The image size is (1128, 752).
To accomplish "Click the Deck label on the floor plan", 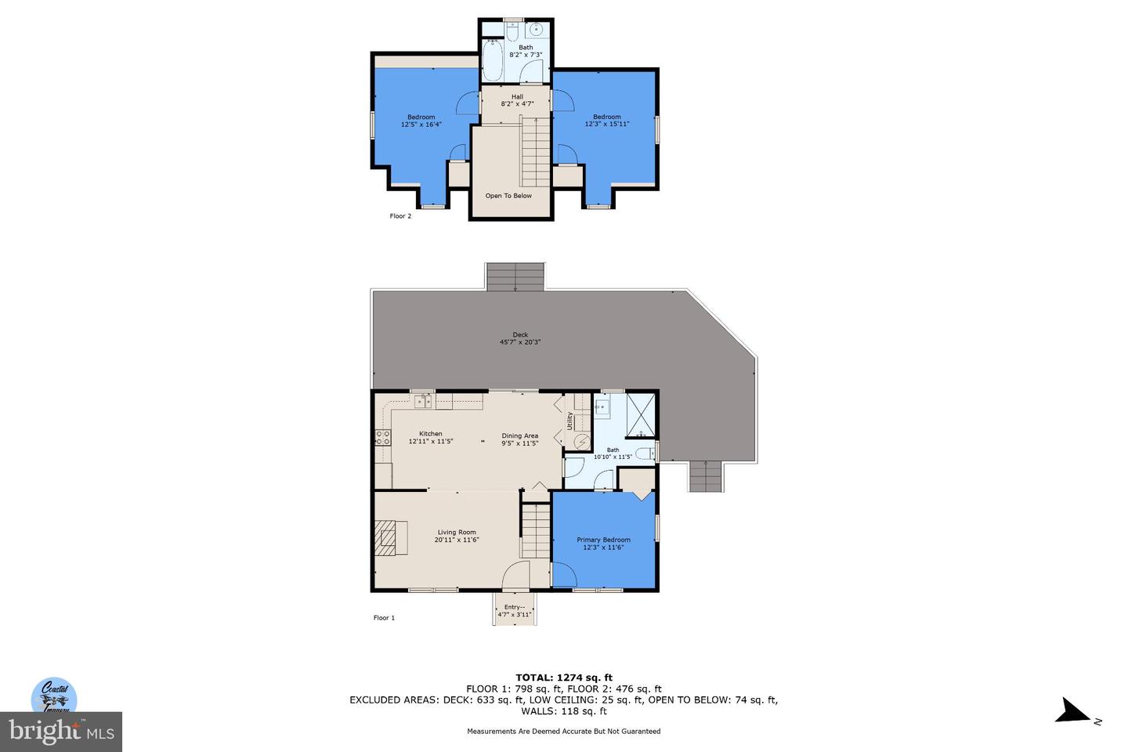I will (x=520, y=334).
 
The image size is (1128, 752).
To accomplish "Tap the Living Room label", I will (x=456, y=533).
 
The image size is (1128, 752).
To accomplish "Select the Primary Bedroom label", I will (x=603, y=540).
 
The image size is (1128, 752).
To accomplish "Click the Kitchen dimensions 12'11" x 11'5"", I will (x=431, y=442).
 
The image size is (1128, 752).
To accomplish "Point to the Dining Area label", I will (x=520, y=436).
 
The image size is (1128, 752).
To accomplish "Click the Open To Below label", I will (x=508, y=196).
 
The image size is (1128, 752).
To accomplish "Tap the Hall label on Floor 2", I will (x=517, y=96).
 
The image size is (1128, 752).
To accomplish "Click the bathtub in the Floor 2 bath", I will (x=492, y=60).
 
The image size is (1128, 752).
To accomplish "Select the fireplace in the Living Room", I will (x=385, y=538).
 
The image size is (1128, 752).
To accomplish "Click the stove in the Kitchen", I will (x=383, y=438).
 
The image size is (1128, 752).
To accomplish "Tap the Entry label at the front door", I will (x=514, y=607).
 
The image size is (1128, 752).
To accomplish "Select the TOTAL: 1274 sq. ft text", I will (x=564, y=678).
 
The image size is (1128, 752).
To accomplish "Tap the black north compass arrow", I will (x=1072, y=711).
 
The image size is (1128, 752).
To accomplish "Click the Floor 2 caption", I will (x=400, y=216).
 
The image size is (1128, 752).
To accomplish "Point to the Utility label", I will (x=570, y=421).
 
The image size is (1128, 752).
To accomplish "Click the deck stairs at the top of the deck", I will (x=515, y=277).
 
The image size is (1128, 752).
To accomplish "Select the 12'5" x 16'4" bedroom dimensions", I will (x=421, y=125).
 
